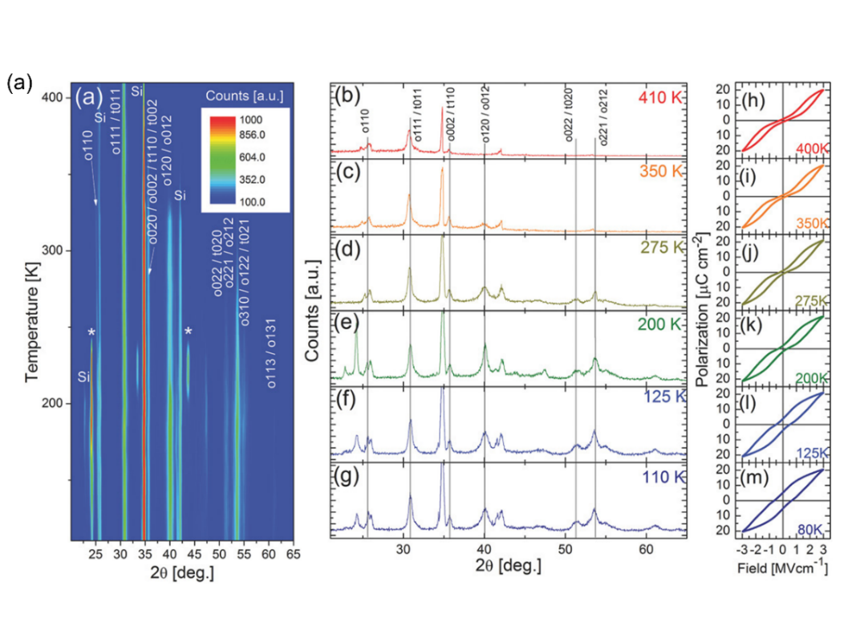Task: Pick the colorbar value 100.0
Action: tap(266, 201)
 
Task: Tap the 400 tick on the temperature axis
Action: tap(51, 97)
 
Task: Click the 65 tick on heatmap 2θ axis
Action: tap(294, 554)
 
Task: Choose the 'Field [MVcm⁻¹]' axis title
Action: tap(782, 568)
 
